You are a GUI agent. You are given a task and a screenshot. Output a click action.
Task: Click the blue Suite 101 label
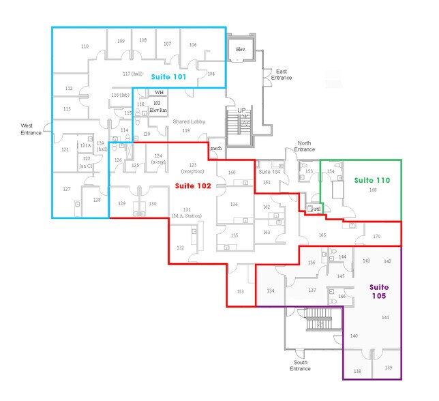pos(168,77)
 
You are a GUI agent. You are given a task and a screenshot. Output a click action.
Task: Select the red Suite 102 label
pos(192,185)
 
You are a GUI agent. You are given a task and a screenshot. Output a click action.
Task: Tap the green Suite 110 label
pos(372,180)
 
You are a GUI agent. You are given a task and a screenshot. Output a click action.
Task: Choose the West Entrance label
pos(31,129)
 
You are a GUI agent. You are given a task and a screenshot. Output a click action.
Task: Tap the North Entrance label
pos(305,146)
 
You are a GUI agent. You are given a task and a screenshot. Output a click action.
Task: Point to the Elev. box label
pos(241,50)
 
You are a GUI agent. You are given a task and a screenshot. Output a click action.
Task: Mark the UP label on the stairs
pos(241,110)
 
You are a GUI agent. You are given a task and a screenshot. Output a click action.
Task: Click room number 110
pos(85,46)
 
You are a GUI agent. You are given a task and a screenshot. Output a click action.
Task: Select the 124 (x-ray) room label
pos(157,159)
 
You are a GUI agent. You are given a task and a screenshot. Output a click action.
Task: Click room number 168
pos(373,190)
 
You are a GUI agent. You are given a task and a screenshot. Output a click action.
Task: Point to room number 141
pos(385,318)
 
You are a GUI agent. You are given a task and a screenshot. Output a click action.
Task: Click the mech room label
pos(216,148)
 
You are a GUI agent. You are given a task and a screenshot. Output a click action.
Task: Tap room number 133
pos(240,291)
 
